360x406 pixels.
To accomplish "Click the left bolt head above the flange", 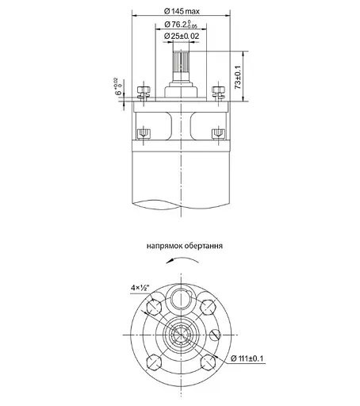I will click(x=144, y=90).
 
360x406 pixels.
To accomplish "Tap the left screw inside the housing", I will click(x=144, y=132).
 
